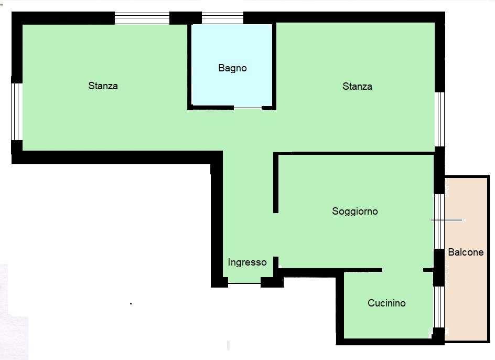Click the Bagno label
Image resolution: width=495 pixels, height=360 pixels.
[232, 68]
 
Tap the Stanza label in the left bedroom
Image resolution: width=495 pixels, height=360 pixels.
[103, 86]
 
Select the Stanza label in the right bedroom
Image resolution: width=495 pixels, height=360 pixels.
[357, 86]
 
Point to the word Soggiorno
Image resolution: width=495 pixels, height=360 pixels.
[355, 211]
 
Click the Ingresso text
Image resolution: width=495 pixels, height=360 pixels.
[247, 262]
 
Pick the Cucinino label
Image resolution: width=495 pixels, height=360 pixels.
[386, 303]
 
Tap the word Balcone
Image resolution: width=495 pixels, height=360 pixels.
[466, 252]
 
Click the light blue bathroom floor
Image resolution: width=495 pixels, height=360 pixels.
[232, 65]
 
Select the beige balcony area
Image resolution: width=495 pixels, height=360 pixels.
[466, 259]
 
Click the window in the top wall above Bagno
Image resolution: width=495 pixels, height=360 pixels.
[222, 18]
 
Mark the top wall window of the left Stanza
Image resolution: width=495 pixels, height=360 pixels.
[142, 18]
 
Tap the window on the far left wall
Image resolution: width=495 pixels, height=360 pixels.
[17, 112]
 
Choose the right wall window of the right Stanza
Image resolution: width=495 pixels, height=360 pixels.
[440, 119]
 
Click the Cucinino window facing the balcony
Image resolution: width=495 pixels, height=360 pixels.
[439, 307]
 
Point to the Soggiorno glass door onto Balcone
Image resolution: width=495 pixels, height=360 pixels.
[439, 221]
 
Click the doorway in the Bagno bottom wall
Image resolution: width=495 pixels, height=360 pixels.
[248, 108]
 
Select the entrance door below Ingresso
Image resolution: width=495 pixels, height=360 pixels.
[244, 283]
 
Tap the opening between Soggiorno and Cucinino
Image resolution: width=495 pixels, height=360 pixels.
[403, 270]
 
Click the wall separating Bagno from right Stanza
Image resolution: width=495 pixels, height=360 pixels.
[274, 66]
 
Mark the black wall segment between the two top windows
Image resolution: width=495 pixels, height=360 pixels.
[186, 18]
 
